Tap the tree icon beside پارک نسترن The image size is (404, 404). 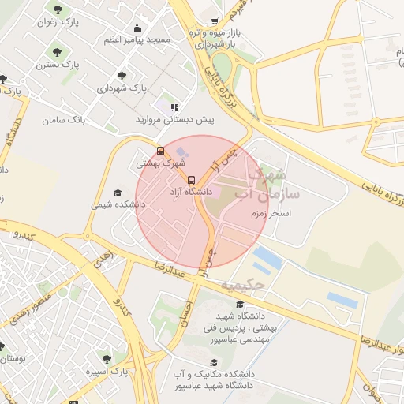[55, 52]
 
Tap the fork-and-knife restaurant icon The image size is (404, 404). [174, 107]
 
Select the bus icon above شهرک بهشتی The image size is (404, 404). [161, 151]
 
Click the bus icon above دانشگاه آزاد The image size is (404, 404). [191, 179]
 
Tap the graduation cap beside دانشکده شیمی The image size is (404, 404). [118, 193]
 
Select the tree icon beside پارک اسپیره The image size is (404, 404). [107, 359]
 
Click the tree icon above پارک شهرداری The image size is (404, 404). [122, 76]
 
